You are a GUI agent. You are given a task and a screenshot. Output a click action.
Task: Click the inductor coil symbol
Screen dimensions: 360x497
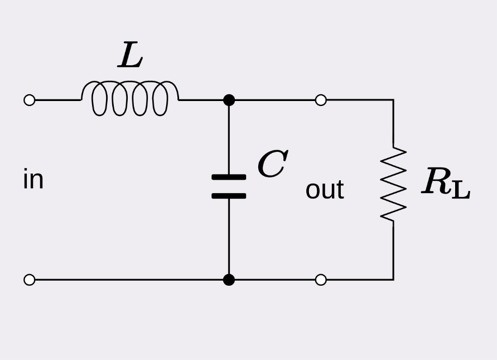tap(130, 99)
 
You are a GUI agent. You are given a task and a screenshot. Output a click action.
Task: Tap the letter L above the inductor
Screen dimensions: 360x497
tap(130, 56)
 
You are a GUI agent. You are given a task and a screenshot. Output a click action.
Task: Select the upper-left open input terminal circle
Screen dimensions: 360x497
tap(30, 100)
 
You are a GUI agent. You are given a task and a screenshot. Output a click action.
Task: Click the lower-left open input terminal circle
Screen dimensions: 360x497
tap(30, 280)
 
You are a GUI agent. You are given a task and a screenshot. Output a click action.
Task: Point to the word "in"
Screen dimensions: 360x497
tap(33, 180)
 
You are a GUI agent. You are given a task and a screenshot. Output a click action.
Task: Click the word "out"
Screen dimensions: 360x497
tap(325, 190)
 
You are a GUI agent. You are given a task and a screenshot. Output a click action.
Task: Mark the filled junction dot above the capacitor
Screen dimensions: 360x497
tap(229, 100)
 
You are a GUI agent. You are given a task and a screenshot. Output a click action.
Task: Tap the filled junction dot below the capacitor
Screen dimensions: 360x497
tap(229, 280)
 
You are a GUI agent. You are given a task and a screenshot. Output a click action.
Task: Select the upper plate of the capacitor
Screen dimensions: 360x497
tap(229, 177)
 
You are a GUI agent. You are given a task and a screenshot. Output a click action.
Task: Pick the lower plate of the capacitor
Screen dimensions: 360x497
tap(229, 196)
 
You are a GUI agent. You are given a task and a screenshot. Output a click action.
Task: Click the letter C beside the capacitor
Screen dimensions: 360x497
tap(272, 165)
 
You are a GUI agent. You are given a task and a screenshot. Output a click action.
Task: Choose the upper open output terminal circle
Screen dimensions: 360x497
tap(321, 100)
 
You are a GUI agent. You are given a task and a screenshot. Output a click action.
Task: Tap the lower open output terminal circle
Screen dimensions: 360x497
tap(321, 280)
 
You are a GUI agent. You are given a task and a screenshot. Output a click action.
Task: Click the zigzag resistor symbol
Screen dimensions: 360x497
tap(393, 184)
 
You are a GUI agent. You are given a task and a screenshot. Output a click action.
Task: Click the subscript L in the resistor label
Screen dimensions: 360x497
tap(461, 190)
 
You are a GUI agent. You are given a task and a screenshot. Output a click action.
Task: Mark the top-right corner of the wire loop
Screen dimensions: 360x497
tap(393, 100)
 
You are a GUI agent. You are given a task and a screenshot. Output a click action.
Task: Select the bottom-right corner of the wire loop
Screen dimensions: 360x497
tap(393, 279)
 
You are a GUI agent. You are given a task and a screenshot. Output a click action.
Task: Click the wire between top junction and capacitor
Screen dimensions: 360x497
tap(229, 140)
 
